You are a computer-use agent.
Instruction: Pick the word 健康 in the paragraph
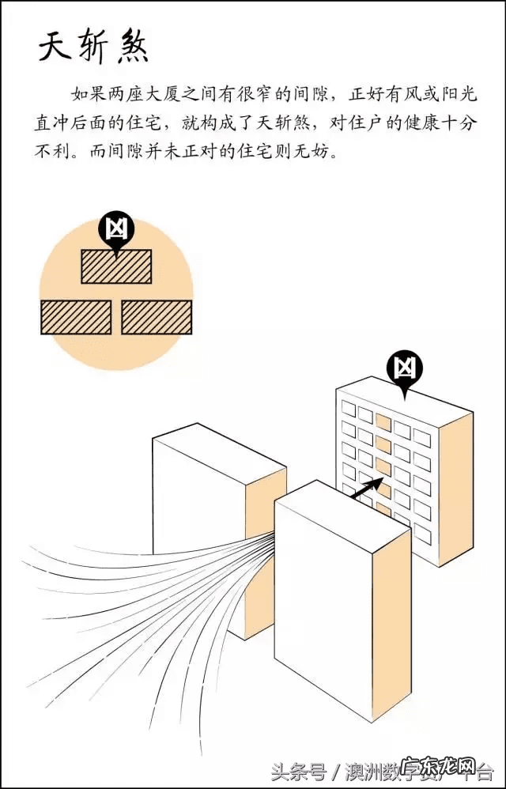412,124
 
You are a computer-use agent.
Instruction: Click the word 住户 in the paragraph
348,124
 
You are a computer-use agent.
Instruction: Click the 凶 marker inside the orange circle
116,229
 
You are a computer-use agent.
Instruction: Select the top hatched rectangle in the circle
116,266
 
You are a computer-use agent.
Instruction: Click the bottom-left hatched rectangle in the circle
76,316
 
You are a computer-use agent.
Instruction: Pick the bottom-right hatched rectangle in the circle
157,316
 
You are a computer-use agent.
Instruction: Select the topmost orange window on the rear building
383,421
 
